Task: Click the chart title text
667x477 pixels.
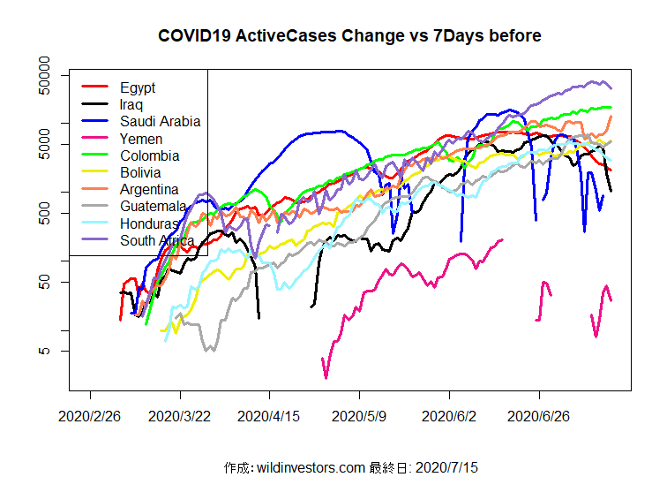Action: pos(349,36)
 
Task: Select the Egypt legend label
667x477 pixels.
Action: pos(138,87)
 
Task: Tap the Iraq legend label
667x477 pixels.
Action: pos(132,104)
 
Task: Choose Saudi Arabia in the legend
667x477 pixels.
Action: pos(161,121)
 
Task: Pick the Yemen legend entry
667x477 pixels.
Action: pos(141,139)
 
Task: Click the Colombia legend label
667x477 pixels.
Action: pos(150,155)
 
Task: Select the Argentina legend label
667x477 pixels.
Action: pos(150,189)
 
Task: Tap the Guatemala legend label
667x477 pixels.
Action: pos(154,206)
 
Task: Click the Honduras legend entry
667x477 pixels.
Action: pos(150,223)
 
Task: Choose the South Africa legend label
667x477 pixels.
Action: pos(158,240)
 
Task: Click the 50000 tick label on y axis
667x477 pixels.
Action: pos(43,75)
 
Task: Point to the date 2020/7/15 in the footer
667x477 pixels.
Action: pos(446,466)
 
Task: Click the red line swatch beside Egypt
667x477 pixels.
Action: pos(95,87)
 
